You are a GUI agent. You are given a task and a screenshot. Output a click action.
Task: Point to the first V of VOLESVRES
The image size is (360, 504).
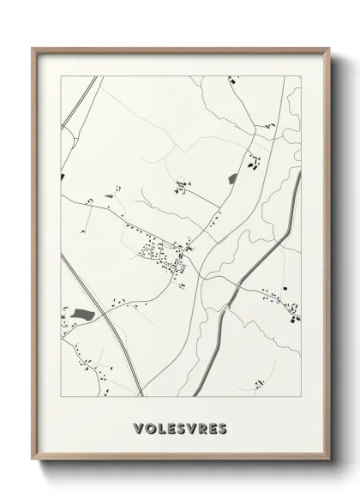139,426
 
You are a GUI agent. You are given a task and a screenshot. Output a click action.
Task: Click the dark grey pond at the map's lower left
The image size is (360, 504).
82,315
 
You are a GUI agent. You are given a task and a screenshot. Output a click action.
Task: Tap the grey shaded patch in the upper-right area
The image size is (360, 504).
233,178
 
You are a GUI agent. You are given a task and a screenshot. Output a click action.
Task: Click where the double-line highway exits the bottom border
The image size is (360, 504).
144,395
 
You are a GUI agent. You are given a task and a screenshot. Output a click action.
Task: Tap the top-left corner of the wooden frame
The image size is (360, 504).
33,48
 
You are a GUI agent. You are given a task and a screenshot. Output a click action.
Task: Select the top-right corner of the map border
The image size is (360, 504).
302,76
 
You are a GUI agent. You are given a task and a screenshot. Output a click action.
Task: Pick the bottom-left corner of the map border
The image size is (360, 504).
61,396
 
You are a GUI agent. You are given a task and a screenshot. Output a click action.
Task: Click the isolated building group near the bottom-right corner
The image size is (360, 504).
295,318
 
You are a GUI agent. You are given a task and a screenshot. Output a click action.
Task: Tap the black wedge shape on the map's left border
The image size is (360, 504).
63,177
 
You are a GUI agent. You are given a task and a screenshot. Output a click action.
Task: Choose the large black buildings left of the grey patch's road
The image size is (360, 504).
252,159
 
